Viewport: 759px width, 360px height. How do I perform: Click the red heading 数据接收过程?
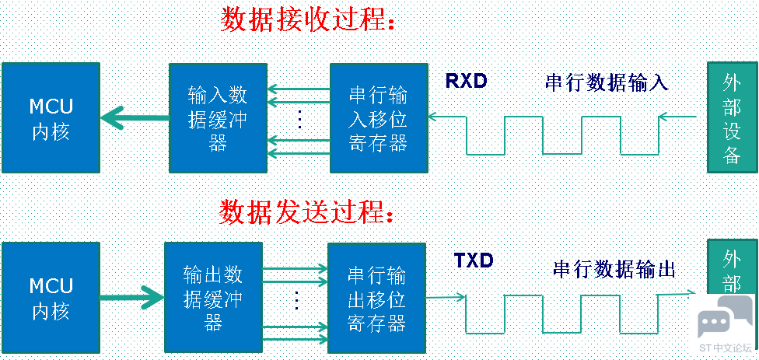coord(308,19)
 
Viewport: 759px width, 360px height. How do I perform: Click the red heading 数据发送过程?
coord(308,211)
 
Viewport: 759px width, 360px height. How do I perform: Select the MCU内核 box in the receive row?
coord(51,118)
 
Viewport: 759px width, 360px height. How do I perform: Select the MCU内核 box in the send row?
coord(51,298)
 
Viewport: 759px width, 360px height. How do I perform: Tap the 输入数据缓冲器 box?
coord(218,118)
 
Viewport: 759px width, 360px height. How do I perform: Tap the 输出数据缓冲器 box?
coord(213,298)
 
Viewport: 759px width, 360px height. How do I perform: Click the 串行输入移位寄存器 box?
coord(378,118)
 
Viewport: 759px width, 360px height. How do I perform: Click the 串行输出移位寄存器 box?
coord(376,298)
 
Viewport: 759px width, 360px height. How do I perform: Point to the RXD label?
coord(467,80)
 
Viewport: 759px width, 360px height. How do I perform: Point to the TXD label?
coord(474,260)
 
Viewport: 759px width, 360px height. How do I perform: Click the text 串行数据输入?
coord(607,82)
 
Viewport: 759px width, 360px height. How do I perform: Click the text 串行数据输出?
coord(614,269)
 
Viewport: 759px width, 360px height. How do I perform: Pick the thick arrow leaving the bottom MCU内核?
coord(132,297)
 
